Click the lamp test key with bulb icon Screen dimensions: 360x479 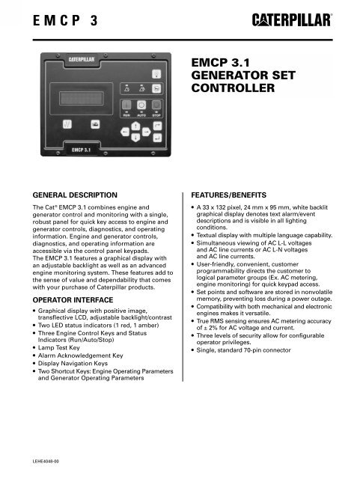click(x=156, y=73)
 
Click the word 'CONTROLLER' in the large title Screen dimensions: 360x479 click(x=232, y=91)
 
